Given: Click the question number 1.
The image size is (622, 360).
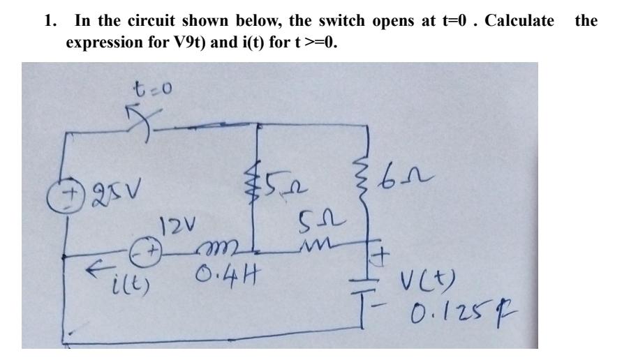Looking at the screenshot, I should click(x=49, y=20).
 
